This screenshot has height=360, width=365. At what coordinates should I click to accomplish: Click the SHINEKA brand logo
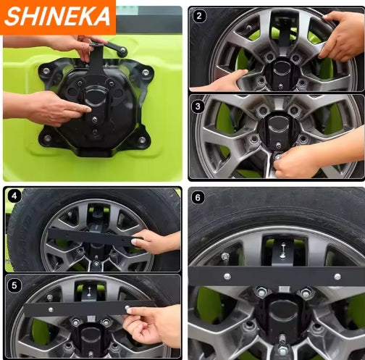pos(57,17)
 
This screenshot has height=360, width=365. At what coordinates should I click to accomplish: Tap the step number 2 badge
pos(199,15)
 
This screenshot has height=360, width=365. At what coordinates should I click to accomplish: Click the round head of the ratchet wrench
pos(121,51)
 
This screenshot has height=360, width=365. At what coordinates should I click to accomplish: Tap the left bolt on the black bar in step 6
pos(227,276)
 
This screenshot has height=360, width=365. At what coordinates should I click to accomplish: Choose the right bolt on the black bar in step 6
pos(337,276)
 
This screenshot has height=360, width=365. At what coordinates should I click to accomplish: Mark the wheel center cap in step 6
pos(282,319)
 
